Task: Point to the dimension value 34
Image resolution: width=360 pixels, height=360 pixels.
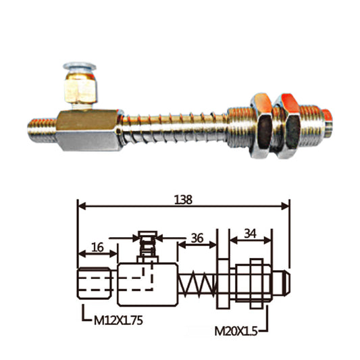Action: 250,234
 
